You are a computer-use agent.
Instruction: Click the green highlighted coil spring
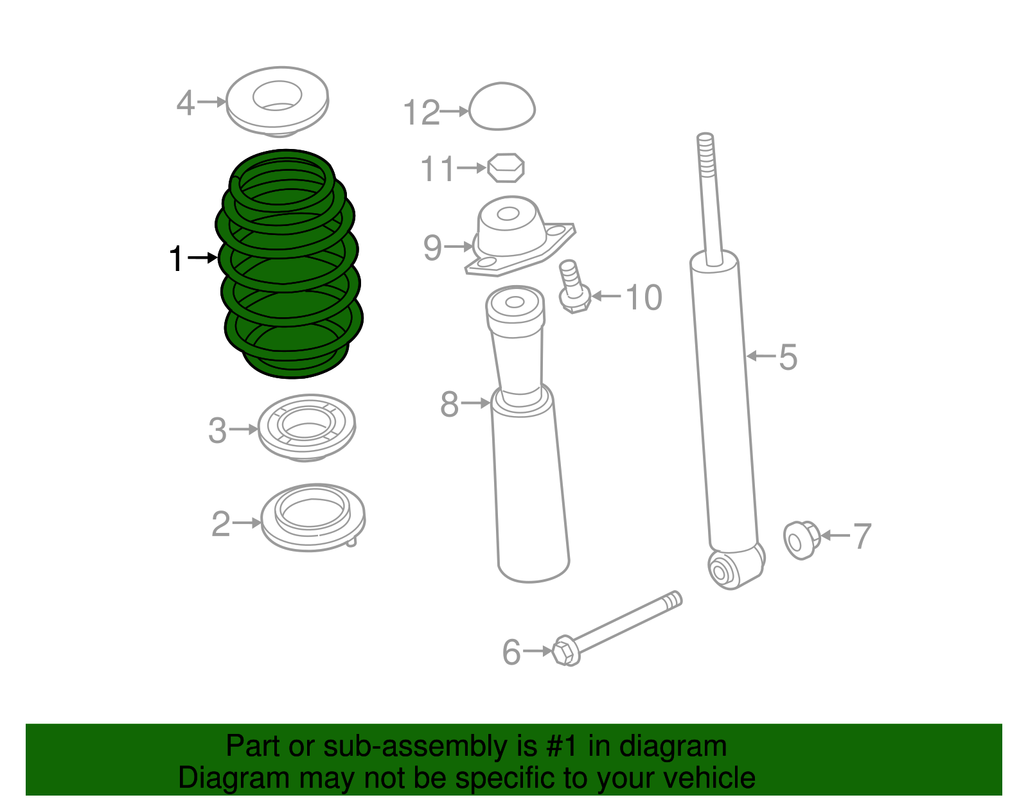click(289, 263)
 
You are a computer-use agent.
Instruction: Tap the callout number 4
click(185, 103)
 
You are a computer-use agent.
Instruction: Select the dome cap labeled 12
click(502, 107)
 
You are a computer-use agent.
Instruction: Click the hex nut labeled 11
click(506, 168)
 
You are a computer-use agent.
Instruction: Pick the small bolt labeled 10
click(573, 289)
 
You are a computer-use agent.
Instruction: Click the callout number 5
click(788, 357)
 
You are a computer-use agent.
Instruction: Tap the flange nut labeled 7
click(801, 540)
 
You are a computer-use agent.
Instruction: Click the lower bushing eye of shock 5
click(722, 569)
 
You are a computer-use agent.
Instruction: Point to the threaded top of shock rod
click(705, 154)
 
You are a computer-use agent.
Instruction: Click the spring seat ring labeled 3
click(306, 427)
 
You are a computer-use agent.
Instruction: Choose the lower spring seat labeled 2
click(313, 517)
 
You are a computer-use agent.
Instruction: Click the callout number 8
click(449, 405)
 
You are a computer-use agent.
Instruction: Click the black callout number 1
click(176, 259)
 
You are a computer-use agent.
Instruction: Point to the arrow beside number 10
click(606, 296)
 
